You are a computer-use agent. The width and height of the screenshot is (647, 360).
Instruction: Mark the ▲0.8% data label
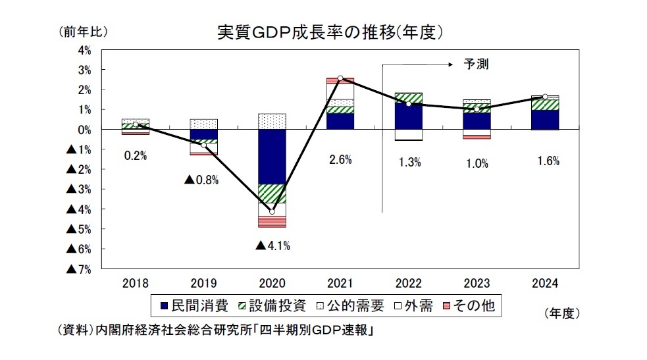pyautogui.click(x=201, y=179)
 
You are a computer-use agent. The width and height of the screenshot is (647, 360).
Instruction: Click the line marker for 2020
pyautogui.click(x=272, y=211)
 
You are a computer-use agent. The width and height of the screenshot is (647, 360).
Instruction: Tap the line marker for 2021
pyautogui.click(x=340, y=78)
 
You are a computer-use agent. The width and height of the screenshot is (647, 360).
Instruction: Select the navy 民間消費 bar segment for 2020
pyautogui.click(x=272, y=157)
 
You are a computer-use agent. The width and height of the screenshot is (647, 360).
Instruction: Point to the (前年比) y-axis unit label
pyautogui.click(x=82, y=31)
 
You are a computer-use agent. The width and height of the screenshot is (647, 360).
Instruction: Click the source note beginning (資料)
pyautogui.click(x=213, y=329)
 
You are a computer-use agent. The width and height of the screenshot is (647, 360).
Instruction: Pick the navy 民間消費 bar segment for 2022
pyautogui.click(x=409, y=116)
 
